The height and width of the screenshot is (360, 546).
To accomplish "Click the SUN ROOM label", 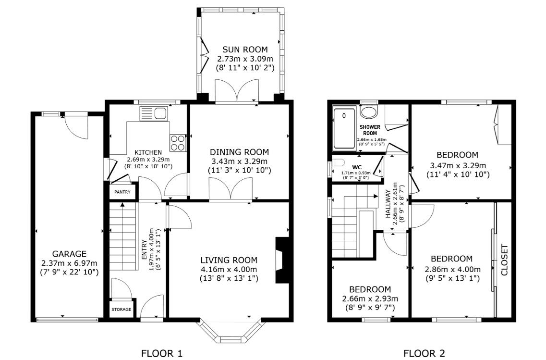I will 244,50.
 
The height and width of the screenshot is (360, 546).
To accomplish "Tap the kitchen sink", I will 154,113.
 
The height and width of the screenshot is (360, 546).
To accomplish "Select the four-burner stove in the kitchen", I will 177,142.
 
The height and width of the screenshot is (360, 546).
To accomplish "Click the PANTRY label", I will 122,192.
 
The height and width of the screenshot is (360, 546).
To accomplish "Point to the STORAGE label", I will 121,310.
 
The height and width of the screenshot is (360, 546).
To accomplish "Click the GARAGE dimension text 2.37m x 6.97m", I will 69,263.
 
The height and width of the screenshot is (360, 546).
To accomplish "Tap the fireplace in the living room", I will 279,260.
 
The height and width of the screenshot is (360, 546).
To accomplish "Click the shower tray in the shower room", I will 344,128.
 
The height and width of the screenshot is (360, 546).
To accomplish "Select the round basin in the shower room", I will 369,112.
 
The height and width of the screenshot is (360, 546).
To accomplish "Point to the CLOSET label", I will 504,260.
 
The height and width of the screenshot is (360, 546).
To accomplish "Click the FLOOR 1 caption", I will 162,354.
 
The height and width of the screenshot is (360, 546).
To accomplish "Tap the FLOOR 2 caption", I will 424,354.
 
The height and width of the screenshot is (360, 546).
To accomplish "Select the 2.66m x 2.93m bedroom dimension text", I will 369,298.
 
